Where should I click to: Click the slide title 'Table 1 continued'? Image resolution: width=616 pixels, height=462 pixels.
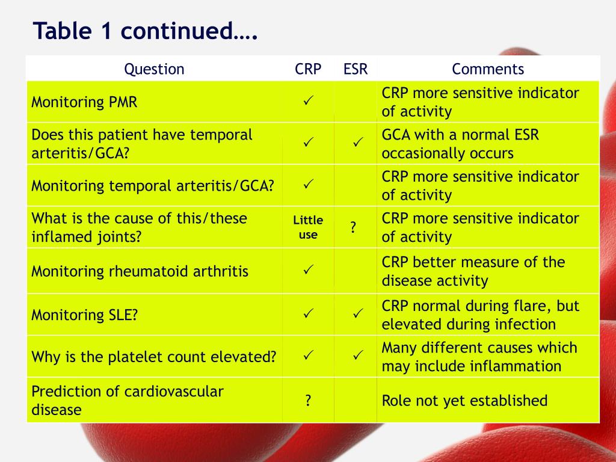(x=146, y=31)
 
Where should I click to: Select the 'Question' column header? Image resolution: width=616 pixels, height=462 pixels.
(x=154, y=69)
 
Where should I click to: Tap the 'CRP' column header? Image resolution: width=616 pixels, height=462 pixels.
(x=308, y=69)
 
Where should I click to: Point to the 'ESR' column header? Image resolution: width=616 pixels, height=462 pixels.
(x=356, y=69)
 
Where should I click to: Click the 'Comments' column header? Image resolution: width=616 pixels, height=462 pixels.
(x=488, y=69)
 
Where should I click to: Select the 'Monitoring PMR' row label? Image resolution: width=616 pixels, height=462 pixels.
(x=84, y=102)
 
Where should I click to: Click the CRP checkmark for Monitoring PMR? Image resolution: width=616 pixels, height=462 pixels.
(x=309, y=100)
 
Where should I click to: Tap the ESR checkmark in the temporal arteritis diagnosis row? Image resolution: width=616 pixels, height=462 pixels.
(x=358, y=142)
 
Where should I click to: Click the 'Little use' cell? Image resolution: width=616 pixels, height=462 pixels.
(x=308, y=227)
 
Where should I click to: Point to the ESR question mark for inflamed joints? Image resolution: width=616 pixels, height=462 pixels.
(x=353, y=227)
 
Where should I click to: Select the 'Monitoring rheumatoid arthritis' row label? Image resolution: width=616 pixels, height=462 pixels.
(x=140, y=271)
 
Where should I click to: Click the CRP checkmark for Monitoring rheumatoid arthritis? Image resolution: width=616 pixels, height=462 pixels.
(x=309, y=269)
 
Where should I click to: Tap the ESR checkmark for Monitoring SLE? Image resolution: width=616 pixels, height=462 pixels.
(x=358, y=313)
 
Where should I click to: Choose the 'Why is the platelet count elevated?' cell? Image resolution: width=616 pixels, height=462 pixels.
(x=154, y=357)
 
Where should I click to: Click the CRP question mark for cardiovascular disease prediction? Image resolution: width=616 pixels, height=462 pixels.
(x=308, y=401)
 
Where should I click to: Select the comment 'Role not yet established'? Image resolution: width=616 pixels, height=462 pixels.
(x=464, y=401)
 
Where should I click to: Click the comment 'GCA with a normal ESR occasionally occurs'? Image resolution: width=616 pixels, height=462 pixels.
(x=460, y=144)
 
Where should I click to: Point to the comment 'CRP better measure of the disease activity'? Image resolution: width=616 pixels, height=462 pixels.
(x=473, y=271)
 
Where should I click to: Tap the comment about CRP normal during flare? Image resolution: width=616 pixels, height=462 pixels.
(x=481, y=315)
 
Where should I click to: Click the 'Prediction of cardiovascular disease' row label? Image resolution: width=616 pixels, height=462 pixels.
(x=128, y=400)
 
